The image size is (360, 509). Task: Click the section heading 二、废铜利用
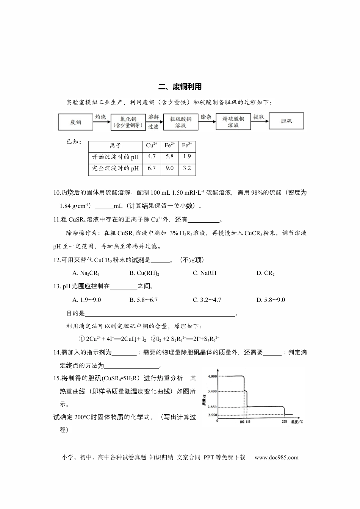(x=180, y=87)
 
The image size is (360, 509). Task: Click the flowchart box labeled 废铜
(x=75, y=122)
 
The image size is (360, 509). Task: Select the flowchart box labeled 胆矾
(x=286, y=121)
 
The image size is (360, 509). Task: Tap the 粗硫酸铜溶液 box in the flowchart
(x=180, y=122)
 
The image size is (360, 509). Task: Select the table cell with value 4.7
(x=152, y=156)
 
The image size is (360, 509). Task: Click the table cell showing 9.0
(x=169, y=168)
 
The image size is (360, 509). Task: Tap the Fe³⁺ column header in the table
(x=187, y=145)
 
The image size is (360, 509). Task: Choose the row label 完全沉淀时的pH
(x=116, y=169)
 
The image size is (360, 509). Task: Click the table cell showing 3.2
(x=187, y=168)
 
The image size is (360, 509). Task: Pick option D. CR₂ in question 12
(x=265, y=273)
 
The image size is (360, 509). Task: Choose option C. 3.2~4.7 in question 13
(x=207, y=300)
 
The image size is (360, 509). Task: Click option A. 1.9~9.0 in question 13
(x=86, y=300)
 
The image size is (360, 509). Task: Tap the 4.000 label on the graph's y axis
(x=212, y=376)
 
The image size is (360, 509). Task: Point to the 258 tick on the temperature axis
(x=284, y=421)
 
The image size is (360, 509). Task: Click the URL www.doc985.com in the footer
(x=276, y=457)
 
